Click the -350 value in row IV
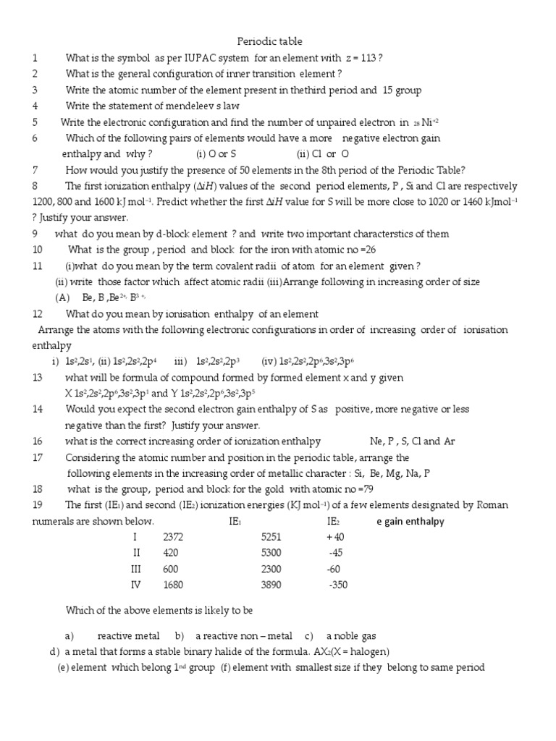pos(338,585)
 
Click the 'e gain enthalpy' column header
pos(410,521)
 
